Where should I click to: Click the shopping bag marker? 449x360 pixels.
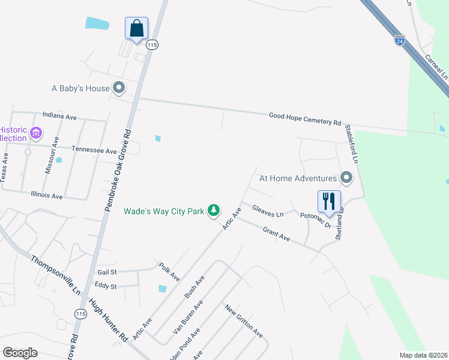(x=136, y=28)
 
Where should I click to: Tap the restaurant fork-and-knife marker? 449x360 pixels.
(x=328, y=202)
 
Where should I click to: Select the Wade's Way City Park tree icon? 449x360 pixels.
(x=213, y=211)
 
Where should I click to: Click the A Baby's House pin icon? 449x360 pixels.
(x=119, y=88)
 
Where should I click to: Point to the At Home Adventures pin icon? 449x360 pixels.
(x=346, y=178)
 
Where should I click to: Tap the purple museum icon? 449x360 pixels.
(x=35, y=133)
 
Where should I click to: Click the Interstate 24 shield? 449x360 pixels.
(x=399, y=41)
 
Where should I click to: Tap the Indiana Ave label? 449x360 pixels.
(x=59, y=115)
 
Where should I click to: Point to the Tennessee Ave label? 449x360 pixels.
(x=94, y=150)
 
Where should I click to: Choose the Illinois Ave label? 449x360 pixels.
(x=46, y=196)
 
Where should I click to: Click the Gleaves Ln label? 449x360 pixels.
(x=267, y=212)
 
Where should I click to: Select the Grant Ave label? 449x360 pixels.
(x=276, y=234)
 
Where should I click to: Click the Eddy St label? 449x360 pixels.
(x=105, y=286)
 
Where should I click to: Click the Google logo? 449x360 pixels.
(x=20, y=353)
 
